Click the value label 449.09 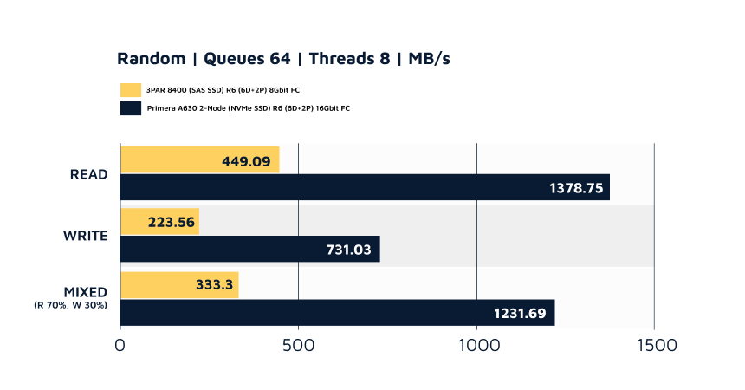pos(247,160)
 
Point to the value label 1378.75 pos(576,188)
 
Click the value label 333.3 pos(208,285)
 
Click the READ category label pos(88,173)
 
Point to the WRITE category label pos(85,236)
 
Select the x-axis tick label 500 pos(298,345)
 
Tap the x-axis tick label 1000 pos(476,345)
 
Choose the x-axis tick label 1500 pos(653,345)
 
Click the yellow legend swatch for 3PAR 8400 pos(131,90)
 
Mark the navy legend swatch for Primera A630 pos(131,108)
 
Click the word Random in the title pos(152,59)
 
